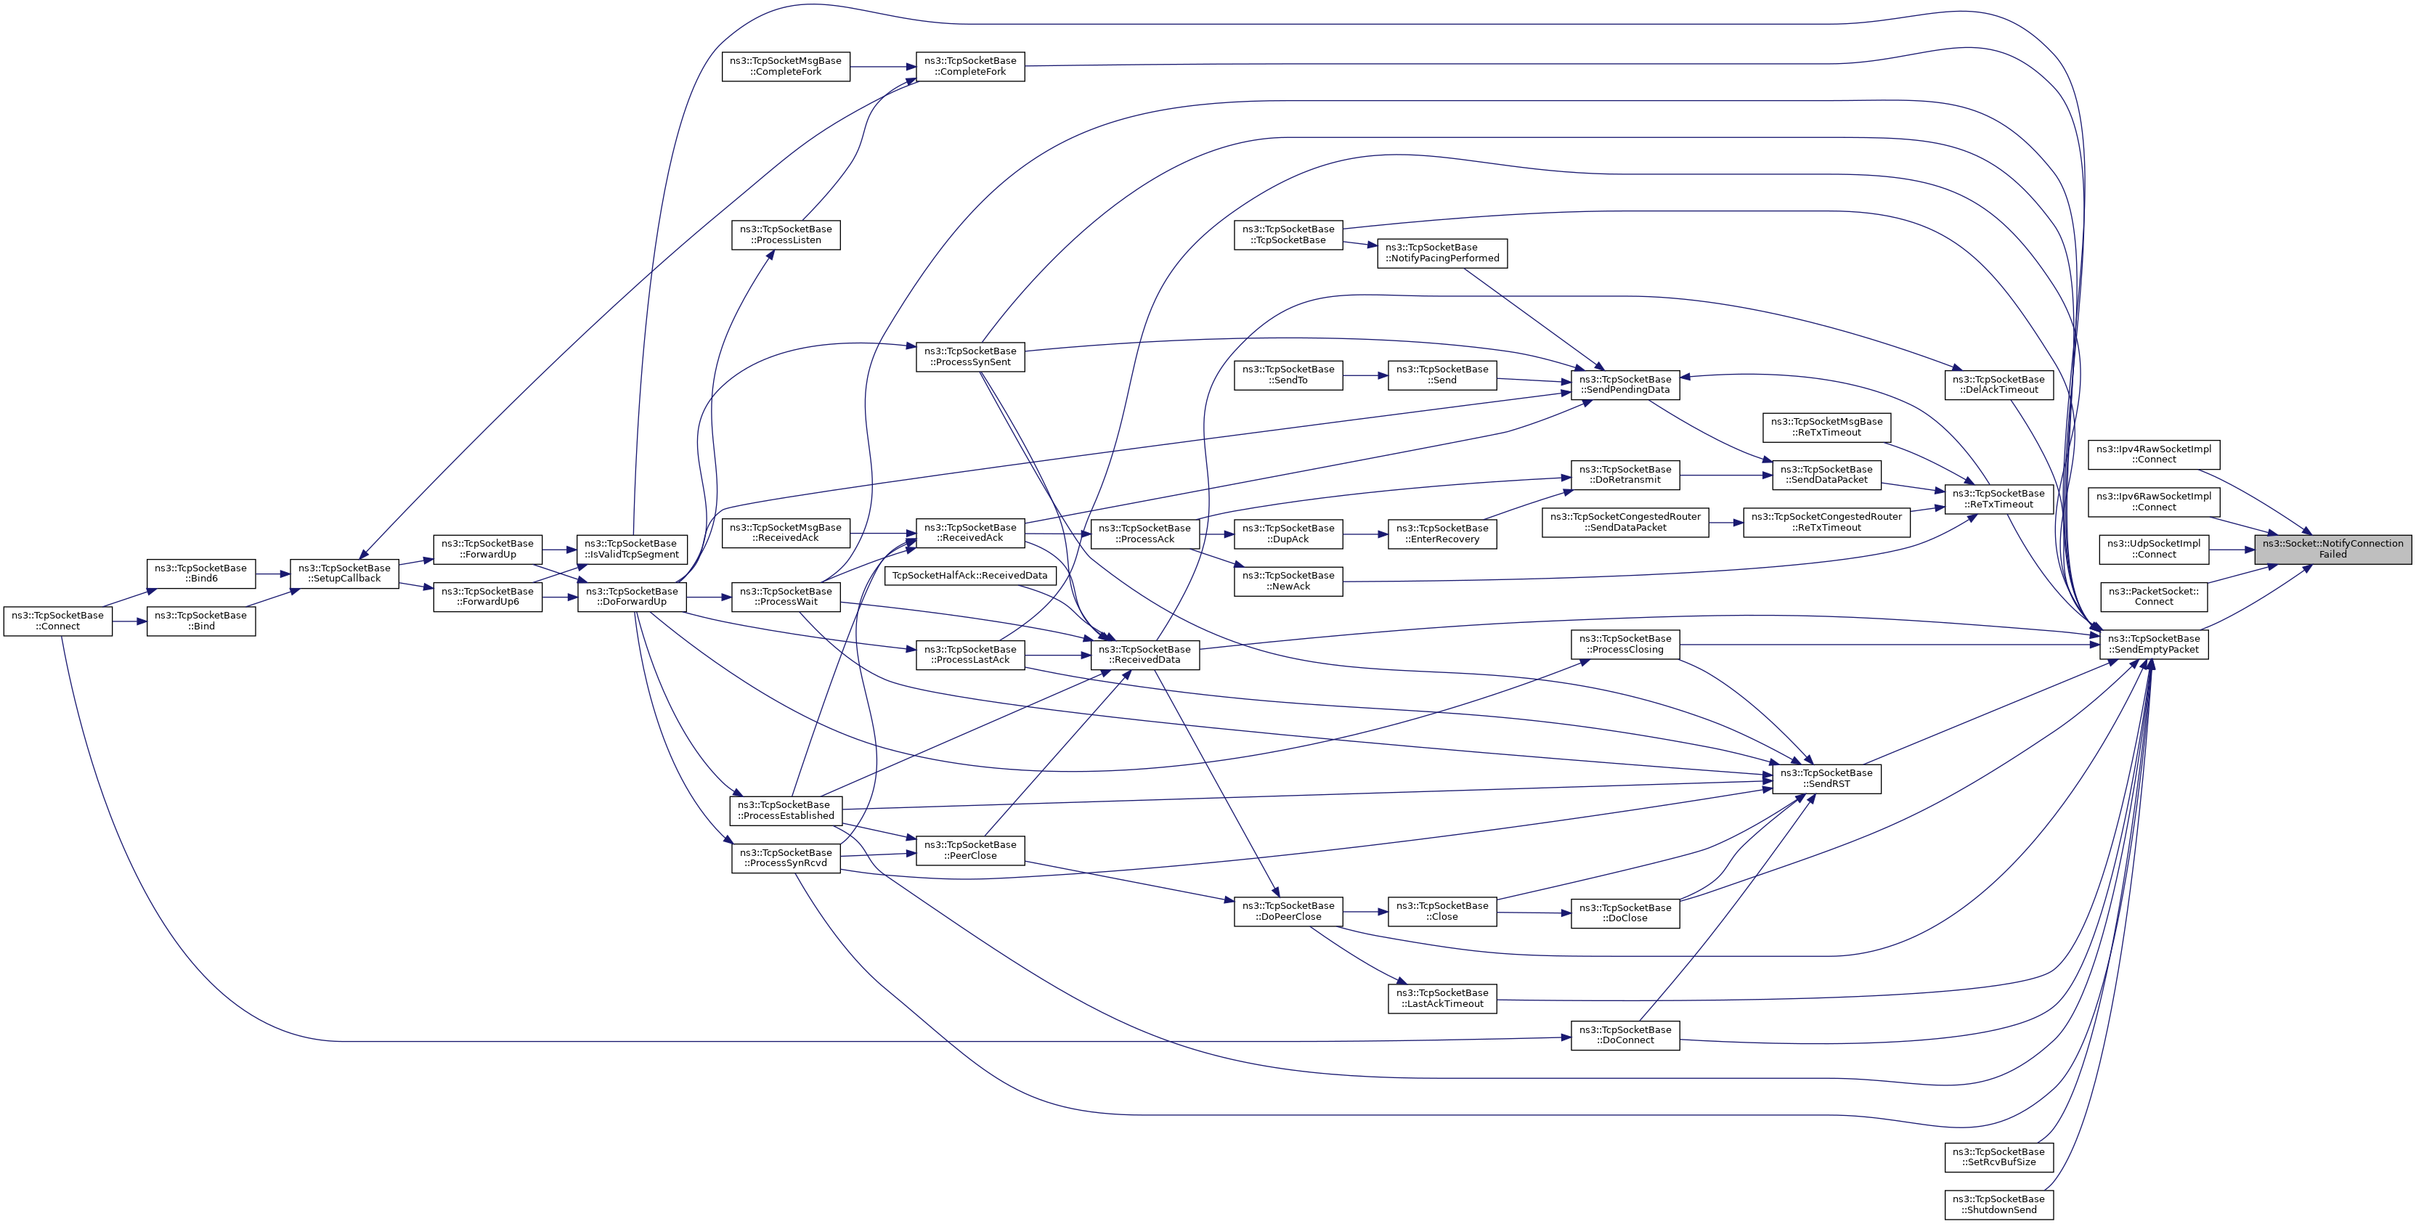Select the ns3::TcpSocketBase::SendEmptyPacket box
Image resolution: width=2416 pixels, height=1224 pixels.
click(x=2153, y=645)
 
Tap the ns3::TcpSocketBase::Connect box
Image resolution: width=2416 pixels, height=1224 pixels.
click(x=58, y=621)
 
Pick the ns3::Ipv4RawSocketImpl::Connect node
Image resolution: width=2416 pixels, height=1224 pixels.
click(x=2153, y=454)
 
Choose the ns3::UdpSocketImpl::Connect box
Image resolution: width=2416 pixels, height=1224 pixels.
click(x=2153, y=549)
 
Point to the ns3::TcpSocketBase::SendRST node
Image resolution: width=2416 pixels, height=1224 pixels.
click(x=1826, y=778)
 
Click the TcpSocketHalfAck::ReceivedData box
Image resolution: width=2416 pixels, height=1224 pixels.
click(x=969, y=575)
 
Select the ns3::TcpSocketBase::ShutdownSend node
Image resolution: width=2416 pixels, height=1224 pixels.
click(x=1998, y=1204)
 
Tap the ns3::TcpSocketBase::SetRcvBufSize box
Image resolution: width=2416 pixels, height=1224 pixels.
click(x=1998, y=1156)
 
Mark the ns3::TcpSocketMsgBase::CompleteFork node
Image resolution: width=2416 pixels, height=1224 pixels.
click(x=786, y=67)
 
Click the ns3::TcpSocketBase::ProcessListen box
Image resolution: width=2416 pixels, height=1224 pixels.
click(x=786, y=234)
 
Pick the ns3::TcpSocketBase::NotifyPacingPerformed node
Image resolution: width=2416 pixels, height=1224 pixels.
click(x=1442, y=253)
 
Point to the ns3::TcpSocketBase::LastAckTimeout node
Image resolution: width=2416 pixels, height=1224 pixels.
click(x=1441, y=998)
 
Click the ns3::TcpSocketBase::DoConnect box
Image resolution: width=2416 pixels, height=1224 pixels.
click(x=1625, y=1035)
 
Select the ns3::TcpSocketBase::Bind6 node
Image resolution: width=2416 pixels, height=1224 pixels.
click(x=200, y=573)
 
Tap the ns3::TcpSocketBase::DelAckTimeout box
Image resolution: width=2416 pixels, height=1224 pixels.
click(x=1998, y=385)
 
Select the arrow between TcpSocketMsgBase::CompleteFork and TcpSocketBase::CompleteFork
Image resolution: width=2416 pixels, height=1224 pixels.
click(x=882, y=67)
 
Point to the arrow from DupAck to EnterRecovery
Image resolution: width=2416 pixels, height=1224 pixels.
click(x=1364, y=534)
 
